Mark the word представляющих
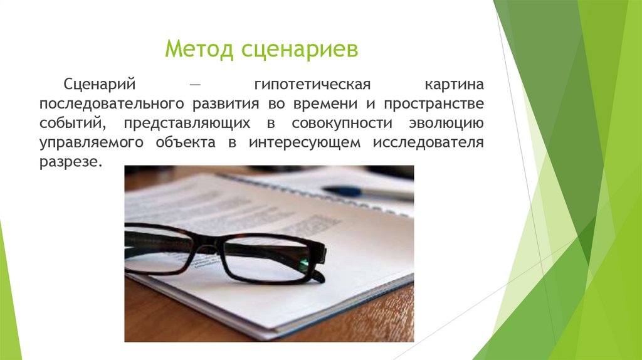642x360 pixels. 187,123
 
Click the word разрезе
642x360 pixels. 69,161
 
